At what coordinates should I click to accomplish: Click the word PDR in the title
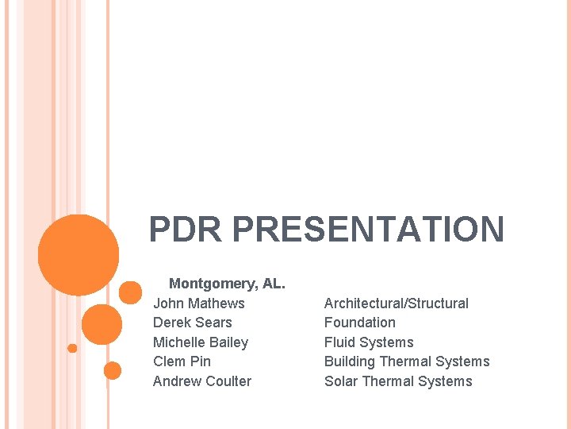tap(187, 230)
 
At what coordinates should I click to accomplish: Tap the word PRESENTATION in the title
tap(369, 230)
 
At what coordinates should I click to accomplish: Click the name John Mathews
tap(199, 303)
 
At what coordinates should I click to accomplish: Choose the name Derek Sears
tap(193, 323)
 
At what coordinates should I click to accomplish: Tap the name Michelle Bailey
tap(201, 342)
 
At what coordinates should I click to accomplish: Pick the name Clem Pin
tap(182, 361)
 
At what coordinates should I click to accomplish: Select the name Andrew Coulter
tap(202, 381)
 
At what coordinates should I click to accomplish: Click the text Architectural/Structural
tap(397, 303)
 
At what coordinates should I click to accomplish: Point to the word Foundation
tap(360, 323)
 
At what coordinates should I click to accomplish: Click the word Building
tap(350, 361)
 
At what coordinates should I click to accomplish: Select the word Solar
tap(341, 381)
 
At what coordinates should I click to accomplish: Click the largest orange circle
tap(79, 255)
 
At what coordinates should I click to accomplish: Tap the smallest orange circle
tap(72, 348)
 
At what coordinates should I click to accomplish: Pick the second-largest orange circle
tap(102, 324)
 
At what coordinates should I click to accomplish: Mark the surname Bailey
tap(228, 342)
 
